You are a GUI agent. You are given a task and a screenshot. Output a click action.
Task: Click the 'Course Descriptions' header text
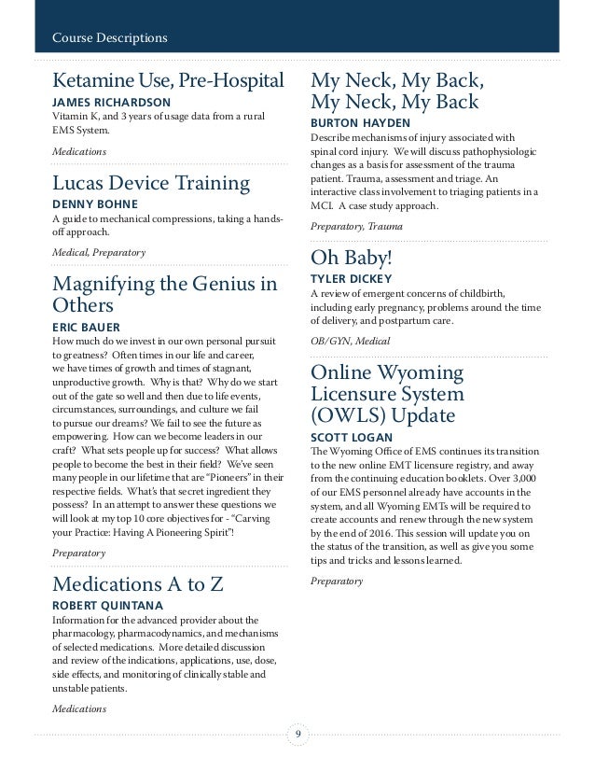tap(109, 38)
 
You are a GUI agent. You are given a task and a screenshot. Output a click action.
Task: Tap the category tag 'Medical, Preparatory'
tap(92, 251)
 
